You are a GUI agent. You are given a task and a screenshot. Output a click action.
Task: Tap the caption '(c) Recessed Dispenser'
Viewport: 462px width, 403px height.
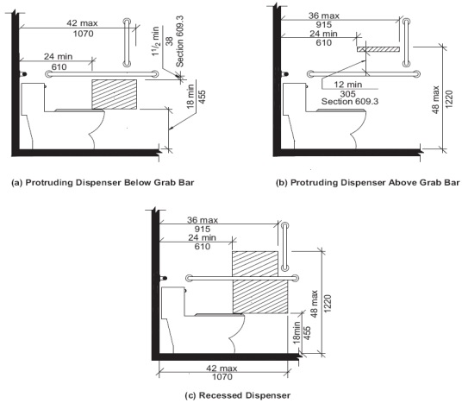click(x=230, y=395)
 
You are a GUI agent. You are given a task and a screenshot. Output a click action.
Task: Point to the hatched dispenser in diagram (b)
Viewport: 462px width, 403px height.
click(x=379, y=50)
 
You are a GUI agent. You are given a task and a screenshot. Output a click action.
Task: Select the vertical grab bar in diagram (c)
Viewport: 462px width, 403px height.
click(x=281, y=247)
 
